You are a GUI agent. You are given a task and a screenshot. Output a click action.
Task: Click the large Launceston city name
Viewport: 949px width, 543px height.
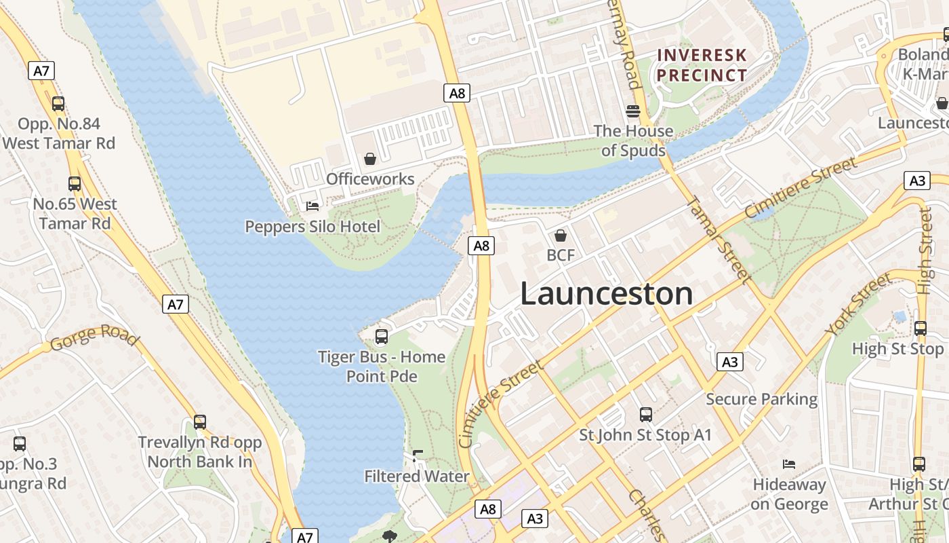pyautogui.click(x=607, y=293)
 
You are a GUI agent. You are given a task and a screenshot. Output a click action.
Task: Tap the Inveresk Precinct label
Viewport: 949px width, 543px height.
pyautogui.click(x=702, y=65)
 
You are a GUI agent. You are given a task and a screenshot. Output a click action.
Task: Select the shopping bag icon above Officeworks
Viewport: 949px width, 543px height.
pyautogui.click(x=370, y=159)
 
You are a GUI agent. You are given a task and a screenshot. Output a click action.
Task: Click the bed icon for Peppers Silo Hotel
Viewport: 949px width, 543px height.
pyautogui.click(x=312, y=206)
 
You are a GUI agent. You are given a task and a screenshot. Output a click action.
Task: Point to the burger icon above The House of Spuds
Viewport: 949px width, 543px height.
pyautogui.click(x=633, y=111)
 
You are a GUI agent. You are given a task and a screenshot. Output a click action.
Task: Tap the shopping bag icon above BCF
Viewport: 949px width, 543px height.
pyautogui.click(x=561, y=236)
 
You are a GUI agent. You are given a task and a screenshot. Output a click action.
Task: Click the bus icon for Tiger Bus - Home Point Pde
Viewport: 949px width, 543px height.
pyautogui.click(x=382, y=336)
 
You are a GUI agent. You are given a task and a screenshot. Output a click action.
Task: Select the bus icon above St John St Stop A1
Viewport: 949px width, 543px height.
pyautogui.click(x=646, y=414)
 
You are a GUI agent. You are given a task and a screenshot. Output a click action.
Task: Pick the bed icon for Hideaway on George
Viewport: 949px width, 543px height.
pyautogui.click(x=789, y=464)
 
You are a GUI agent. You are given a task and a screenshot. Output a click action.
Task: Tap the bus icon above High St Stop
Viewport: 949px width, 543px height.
pyautogui.click(x=921, y=329)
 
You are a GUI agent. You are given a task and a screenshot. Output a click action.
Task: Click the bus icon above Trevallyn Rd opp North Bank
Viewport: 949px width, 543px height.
pyautogui.click(x=200, y=422)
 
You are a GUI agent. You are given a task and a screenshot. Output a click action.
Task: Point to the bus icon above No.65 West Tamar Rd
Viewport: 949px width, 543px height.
pyautogui.click(x=75, y=184)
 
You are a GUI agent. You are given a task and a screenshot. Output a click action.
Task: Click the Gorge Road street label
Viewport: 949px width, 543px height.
pyautogui.click(x=94, y=337)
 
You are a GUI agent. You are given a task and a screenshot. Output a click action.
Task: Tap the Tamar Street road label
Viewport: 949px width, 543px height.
pyautogui.click(x=718, y=240)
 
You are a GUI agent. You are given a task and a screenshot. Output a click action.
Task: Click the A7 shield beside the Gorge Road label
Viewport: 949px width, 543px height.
pyautogui.click(x=176, y=305)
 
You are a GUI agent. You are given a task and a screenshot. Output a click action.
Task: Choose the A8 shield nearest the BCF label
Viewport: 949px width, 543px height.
pyautogui.click(x=481, y=246)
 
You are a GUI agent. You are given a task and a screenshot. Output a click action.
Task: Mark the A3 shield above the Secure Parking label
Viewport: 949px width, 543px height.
pyautogui.click(x=729, y=362)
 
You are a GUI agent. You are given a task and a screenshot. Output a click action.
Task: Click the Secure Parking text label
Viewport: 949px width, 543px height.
pyautogui.click(x=761, y=399)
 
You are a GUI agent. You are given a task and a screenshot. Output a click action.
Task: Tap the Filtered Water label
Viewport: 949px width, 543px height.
pyautogui.click(x=417, y=476)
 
